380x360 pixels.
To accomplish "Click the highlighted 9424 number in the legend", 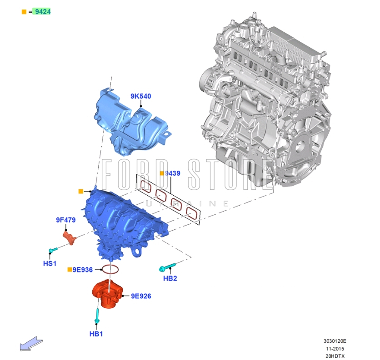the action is tap(43, 12).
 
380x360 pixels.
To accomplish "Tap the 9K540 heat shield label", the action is tap(141, 96).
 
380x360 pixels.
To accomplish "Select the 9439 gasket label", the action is tap(173, 173).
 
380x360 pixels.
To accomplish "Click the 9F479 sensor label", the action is tap(65, 220).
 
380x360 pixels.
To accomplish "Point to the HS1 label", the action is tap(50, 263).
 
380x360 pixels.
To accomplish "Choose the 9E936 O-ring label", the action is tap(83, 270).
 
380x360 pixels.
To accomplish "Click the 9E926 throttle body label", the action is tap(141, 296).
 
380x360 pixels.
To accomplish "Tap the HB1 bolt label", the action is tap(96, 334).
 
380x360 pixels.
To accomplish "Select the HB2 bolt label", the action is tap(170, 278).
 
